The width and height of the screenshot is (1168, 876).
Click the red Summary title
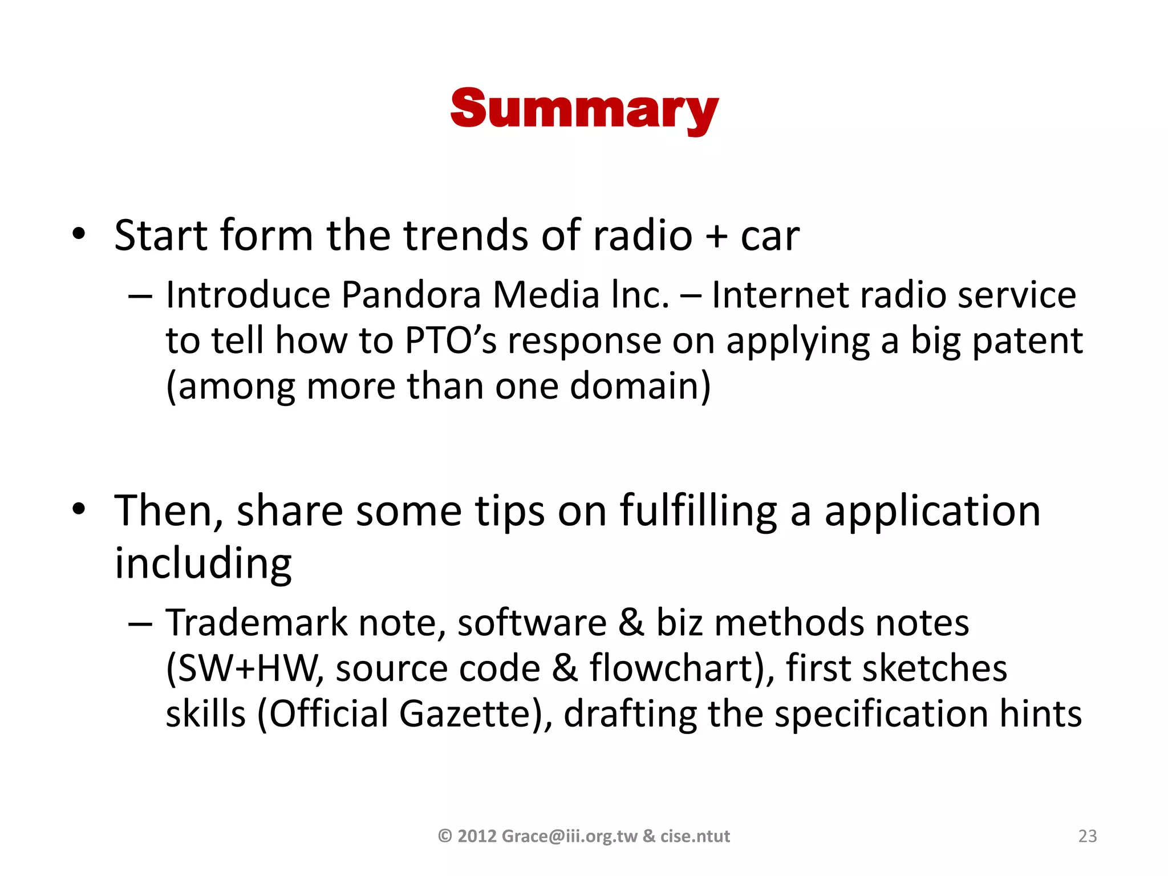(x=584, y=109)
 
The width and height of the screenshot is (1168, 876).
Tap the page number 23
(x=1087, y=836)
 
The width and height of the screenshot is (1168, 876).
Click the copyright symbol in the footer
(x=445, y=836)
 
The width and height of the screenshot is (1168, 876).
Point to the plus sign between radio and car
(x=716, y=236)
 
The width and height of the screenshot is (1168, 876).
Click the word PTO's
(x=451, y=341)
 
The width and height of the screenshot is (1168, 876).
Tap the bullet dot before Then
(x=79, y=509)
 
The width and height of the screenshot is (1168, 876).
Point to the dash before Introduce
(x=140, y=297)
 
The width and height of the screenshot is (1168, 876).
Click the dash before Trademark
(x=140, y=624)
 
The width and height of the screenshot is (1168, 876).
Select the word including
(x=203, y=563)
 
